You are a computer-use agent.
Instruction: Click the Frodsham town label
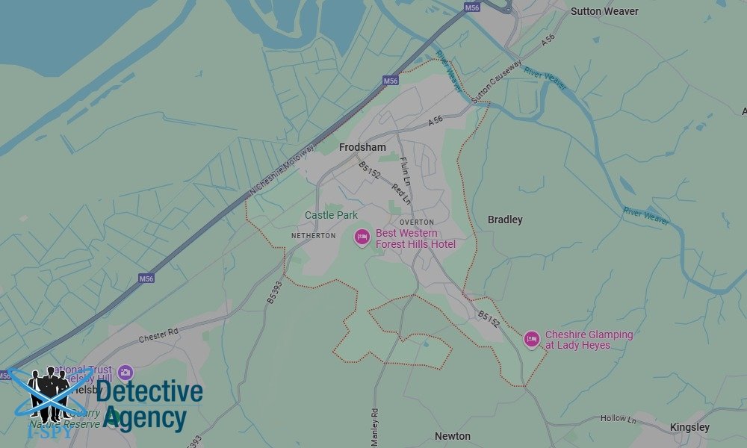tap(362, 148)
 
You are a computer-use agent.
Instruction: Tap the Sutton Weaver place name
tap(604, 11)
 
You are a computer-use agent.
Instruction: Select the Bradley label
tap(505, 220)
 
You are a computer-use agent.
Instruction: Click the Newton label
tap(453, 436)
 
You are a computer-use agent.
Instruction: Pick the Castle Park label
tap(331, 215)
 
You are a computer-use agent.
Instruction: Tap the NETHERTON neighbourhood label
tap(313, 236)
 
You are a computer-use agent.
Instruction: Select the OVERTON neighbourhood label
tap(416, 223)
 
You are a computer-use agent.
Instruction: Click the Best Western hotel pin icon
tap(362, 237)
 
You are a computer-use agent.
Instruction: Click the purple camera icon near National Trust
tap(125, 372)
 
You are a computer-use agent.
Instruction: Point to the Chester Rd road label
tap(158, 335)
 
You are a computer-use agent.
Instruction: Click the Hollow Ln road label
tap(617, 420)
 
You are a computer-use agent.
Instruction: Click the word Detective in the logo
tap(149, 393)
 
